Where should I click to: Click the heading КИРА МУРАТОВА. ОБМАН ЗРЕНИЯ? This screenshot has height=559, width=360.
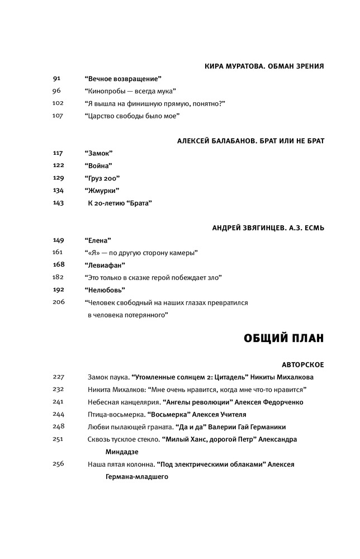[x=265, y=66]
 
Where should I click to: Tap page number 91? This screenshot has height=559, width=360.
[x=57, y=79]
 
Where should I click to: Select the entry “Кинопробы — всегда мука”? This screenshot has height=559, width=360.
[x=130, y=91]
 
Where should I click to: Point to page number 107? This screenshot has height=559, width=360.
[x=58, y=116]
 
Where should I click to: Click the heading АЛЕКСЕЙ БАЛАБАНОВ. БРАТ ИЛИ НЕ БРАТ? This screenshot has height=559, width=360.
[x=250, y=140]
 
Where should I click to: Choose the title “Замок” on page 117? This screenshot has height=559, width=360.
[x=99, y=153]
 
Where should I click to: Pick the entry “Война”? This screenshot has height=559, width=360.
[x=99, y=165]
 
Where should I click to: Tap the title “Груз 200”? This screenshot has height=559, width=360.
[x=102, y=178]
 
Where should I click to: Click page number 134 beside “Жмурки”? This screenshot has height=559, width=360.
[x=58, y=190]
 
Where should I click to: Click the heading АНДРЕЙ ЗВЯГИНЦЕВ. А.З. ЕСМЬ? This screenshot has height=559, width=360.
[x=268, y=228]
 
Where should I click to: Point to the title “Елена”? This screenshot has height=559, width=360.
[x=98, y=240]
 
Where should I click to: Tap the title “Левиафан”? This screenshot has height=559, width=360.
[x=105, y=264]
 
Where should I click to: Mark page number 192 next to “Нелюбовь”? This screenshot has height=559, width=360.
[x=59, y=290]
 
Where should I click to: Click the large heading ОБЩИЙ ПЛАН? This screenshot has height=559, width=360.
[x=284, y=338]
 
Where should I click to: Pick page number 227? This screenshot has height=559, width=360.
[x=59, y=377]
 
